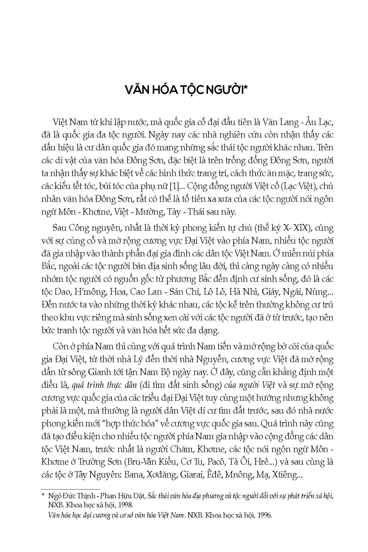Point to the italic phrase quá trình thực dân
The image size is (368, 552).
[104, 385]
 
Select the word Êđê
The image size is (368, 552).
[215, 475]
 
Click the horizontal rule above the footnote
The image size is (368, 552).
[70, 489]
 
